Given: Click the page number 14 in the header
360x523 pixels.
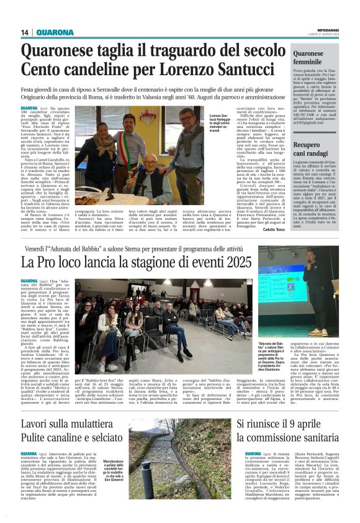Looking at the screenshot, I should (25, 33).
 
